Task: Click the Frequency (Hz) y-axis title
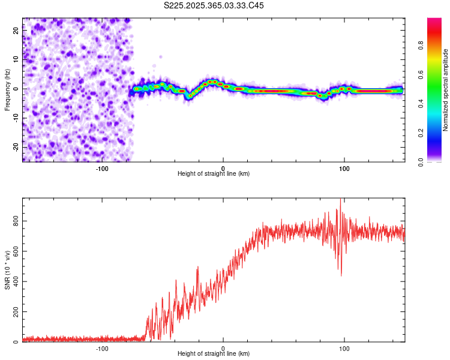click(x=7, y=90)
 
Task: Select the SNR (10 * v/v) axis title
click(x=7, y=270)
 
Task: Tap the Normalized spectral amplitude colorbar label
click(x=445, y=90)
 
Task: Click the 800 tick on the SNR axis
click(x=17, y=221)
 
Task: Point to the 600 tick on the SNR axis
click(x=17, y=251)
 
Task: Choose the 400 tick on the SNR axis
click(x=17, y=282)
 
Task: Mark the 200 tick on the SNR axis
click(x=17, y=312)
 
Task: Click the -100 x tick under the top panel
click(x=101, y=167)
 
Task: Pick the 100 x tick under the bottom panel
click(x=344, y=347)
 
